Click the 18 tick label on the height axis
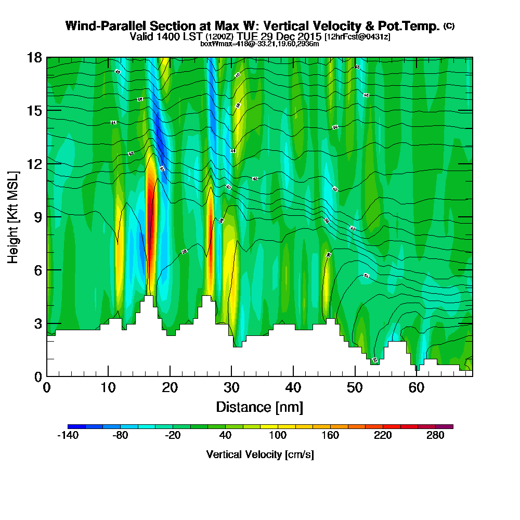pos(34,57)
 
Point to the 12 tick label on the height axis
pos(34,163)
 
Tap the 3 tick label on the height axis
pos(37,323)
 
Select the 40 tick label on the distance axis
pos(293,387)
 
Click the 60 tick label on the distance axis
pos(417,387)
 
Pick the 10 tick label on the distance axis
pos(108,387)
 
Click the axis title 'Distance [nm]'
pos(259,406)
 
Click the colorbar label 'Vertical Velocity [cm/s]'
pos(259,454)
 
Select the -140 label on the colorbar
pos(68,436)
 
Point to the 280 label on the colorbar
pos(435,436)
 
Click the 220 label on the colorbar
pos(383,436)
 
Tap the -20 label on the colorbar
pos(173,436)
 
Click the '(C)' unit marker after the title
pos(449,26)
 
